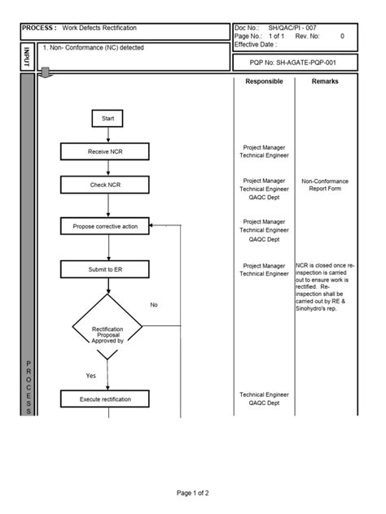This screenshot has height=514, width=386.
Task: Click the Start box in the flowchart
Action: click(x=107, y=119)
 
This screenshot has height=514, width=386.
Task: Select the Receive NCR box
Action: click(x=106, y=151)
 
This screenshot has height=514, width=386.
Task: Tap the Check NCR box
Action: click(x=106, y=185)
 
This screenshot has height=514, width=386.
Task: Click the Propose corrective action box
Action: click(x=106, y=226)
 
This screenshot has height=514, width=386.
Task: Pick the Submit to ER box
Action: click(x=106, y=268)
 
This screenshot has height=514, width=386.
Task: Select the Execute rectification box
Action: click(x=106, y=399)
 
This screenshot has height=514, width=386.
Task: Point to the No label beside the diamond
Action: click(x=154, y=305)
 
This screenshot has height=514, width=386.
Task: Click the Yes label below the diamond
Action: click(x=91, y=376)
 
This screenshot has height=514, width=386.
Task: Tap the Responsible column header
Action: click(x=264, y=81)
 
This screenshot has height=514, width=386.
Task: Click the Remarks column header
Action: click(x=325, y=81)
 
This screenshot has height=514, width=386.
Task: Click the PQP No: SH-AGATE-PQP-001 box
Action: click(x=295, y=62)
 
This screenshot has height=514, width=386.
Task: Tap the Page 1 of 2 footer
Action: click(x=192, y=493)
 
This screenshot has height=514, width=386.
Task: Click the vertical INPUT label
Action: click(x=27, y=57)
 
